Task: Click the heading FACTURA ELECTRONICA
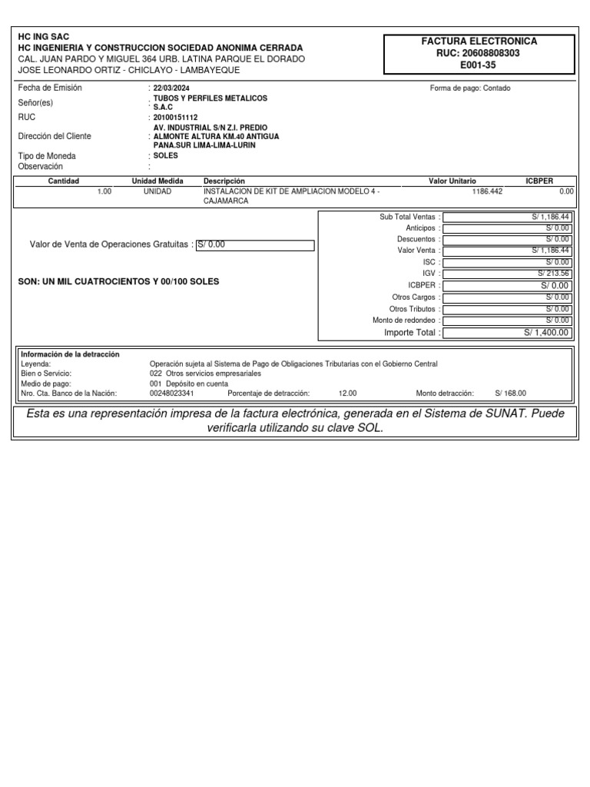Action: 479,42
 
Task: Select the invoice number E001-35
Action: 479,66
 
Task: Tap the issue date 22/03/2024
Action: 171,88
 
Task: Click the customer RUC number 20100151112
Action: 176,118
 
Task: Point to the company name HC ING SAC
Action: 43,36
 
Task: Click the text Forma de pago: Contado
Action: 470,88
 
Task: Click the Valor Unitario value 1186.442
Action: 487,191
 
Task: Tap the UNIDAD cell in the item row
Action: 157,191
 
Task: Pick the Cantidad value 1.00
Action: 104,191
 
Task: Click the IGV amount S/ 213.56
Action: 553,274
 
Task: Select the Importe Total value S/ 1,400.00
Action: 547,333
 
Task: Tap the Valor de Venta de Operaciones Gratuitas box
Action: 255,245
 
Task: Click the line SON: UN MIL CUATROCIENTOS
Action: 118,282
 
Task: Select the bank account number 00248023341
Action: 171,393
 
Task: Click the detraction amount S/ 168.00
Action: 511,393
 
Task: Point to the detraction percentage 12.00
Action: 347,393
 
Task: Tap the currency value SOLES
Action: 165,155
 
